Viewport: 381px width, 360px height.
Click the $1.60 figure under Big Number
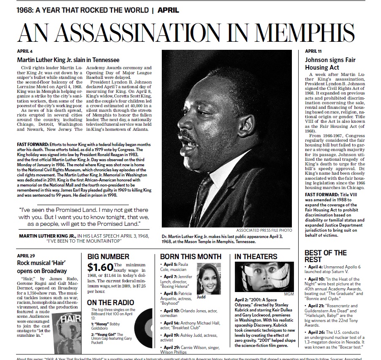[100, 267]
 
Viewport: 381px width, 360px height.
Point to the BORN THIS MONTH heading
[190, 257]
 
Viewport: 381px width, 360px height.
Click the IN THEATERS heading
[256, 257]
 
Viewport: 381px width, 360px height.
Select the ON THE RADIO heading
[110, 302]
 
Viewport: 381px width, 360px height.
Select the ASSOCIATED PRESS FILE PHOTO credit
[264, 230]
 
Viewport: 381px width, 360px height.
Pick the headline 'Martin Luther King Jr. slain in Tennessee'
[68, 60]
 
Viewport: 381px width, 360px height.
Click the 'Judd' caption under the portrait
[202, 297]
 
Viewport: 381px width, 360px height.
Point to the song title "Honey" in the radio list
[101, 323]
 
